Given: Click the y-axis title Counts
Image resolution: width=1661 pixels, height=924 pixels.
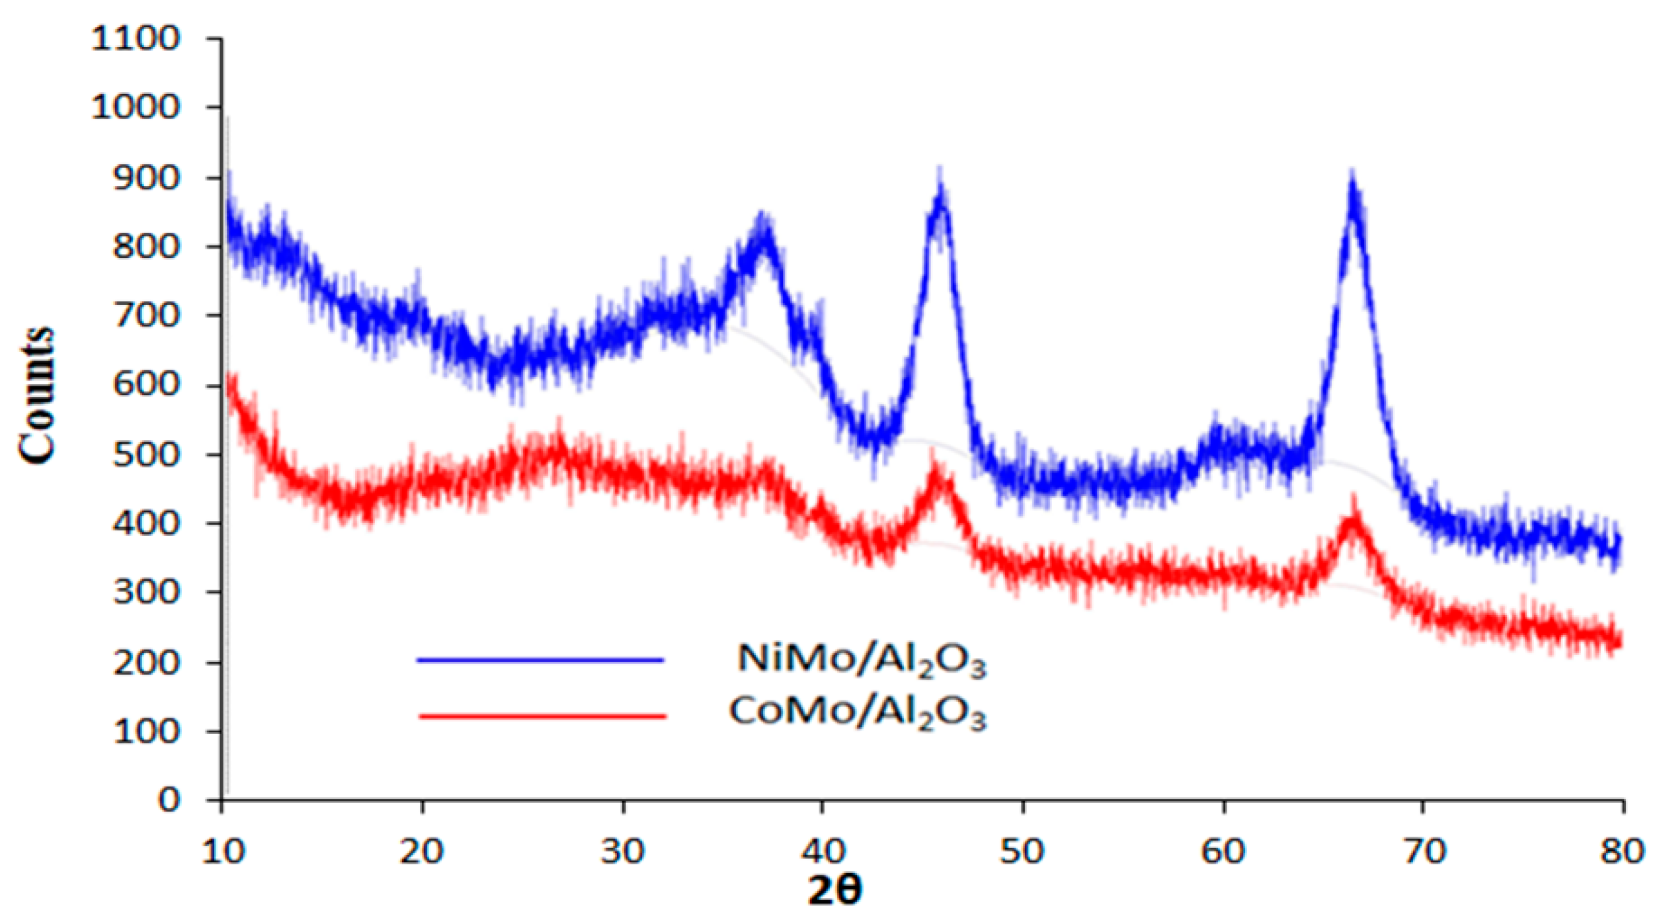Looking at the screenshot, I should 36,396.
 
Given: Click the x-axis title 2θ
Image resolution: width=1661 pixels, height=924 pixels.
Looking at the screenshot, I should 835,890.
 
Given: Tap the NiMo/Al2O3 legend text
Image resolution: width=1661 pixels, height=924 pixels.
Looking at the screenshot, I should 861,659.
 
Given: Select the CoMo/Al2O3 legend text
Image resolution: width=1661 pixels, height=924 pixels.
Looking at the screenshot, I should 857,713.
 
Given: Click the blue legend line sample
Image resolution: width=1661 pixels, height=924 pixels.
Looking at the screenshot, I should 540,659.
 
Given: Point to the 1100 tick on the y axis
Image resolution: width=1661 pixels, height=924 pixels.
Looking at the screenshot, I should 135,38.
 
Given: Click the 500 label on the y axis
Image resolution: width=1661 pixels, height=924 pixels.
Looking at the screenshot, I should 146,454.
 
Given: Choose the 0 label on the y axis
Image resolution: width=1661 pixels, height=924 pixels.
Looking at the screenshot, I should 169,800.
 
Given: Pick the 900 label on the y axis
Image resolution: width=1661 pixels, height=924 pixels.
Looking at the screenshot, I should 146,178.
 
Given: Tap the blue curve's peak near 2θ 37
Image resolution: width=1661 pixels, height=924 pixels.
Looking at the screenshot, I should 764,228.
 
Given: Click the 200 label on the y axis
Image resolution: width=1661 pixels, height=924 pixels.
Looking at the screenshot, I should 146,662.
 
